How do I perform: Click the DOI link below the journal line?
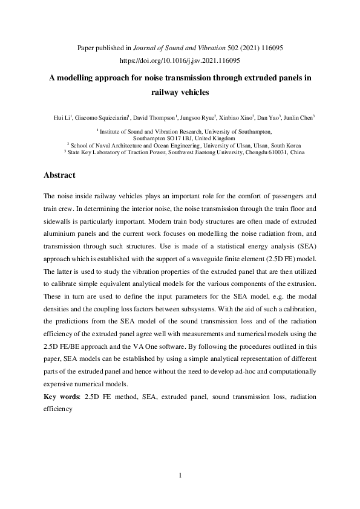point(180,61)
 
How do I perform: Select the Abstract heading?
point(59,175)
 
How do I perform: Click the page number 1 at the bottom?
point(180,476)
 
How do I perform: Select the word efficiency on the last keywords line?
point(58,409)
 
